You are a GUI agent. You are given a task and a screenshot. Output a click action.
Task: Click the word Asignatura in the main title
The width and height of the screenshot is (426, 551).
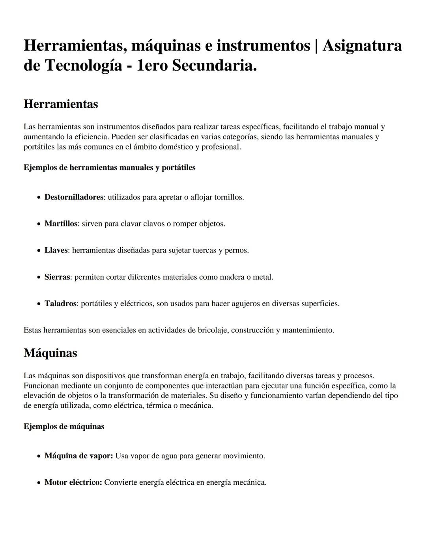(x=362, y=46)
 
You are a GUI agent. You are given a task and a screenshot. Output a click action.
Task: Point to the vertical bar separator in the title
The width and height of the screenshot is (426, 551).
(x=316, y=46)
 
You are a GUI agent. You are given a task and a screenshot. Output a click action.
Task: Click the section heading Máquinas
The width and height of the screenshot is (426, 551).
(x=50, y=353)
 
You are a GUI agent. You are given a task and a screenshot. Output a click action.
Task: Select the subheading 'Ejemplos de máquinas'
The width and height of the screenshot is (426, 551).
(x=64, y=426)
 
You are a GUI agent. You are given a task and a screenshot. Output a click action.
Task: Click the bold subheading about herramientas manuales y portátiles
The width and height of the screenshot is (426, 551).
(x=109, y=168)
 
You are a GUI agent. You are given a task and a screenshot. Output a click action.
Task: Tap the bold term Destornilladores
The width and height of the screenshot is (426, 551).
(x=74, y=197)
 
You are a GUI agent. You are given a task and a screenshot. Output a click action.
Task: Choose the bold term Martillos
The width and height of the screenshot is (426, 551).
(x=61, y=224)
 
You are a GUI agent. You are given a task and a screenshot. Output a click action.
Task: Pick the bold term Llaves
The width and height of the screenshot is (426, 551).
(x=56, y=250)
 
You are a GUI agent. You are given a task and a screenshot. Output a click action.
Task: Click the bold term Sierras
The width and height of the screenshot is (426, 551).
(x=57, y=277)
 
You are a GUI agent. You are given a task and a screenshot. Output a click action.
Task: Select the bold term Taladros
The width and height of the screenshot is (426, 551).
(x=60, y=304)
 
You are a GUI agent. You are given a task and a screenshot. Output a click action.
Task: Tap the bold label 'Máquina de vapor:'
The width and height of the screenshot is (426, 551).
(x=78, y=456)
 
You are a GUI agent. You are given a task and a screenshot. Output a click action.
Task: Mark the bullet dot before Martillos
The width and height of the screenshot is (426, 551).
(x=39, y=224)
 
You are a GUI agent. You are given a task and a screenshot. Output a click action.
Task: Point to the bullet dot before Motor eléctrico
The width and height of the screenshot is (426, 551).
(x=39, y=483)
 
